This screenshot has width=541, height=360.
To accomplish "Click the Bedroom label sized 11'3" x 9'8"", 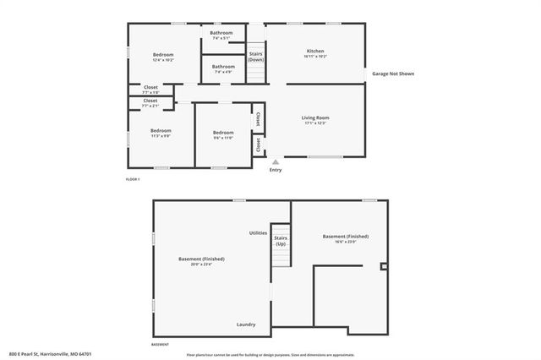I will tap(161, 133).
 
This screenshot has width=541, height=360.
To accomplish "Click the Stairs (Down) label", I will tap(255, 57).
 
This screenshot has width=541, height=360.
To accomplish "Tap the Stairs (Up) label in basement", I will tap(280, 241).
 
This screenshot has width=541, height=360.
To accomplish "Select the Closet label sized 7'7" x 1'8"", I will tap(150, 89).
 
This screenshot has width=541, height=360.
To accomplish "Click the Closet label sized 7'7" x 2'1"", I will tap(150, 102).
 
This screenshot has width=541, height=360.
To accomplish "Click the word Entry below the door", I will tap(276, 170).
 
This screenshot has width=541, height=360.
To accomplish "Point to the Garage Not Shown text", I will tap(393, 74).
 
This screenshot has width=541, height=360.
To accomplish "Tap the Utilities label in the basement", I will tap(258, 232).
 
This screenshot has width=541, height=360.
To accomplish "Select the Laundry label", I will tap(246, 324).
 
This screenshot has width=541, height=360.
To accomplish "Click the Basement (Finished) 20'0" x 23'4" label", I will tap(201, 261).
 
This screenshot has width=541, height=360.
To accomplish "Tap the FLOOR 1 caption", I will tap(133, 179).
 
